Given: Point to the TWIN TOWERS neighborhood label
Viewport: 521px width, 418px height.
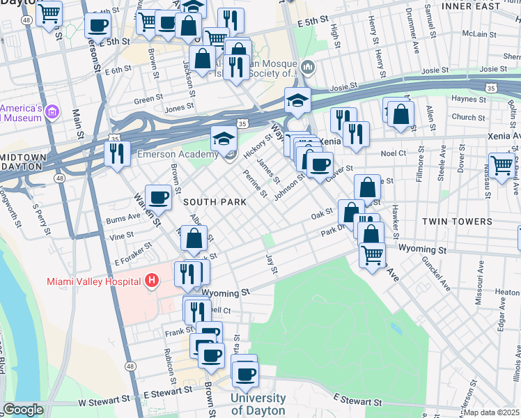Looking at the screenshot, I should (x=456, y=222).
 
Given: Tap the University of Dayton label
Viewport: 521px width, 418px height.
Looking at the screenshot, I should (x=257, y=404).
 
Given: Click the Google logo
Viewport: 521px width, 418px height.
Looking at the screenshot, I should (x=22, y=410).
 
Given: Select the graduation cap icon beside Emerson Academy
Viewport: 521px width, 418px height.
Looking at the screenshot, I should (x=224, y=138).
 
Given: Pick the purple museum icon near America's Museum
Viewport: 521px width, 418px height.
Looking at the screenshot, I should (x=55, y=112).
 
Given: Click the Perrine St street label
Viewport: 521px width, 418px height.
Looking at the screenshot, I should (x=255, y=183).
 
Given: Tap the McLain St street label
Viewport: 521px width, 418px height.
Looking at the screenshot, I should (x=478, y=33).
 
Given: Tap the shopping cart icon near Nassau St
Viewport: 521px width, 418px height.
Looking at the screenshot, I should (x=501, y=164).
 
